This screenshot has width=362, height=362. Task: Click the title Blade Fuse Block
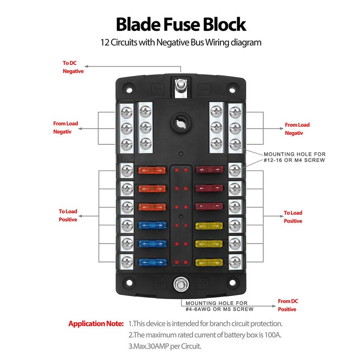click(x=181, y=24)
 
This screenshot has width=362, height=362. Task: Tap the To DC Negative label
click(x=73, y=67)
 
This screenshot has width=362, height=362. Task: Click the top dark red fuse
click(x=209, y=170)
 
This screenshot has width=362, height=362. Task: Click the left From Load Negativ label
click(x=66, y=127)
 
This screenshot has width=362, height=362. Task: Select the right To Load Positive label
click(x=293, y=217)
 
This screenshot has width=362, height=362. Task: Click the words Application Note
click(x=96, y=324)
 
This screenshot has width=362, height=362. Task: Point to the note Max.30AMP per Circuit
click(x=165, y=346)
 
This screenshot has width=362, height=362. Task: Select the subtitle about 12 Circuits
click(x=181, y=43)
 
